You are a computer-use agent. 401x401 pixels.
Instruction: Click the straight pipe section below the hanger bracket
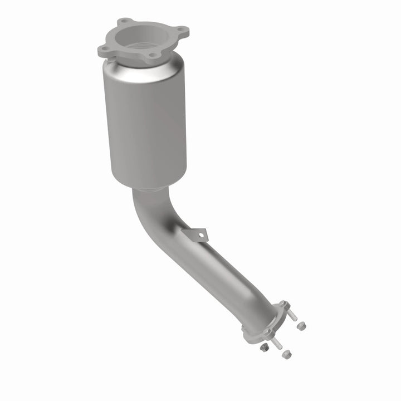[223, 273]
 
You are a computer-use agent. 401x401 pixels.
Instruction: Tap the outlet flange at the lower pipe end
[262, 323]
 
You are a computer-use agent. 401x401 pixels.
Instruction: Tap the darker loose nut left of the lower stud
[263, 347]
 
